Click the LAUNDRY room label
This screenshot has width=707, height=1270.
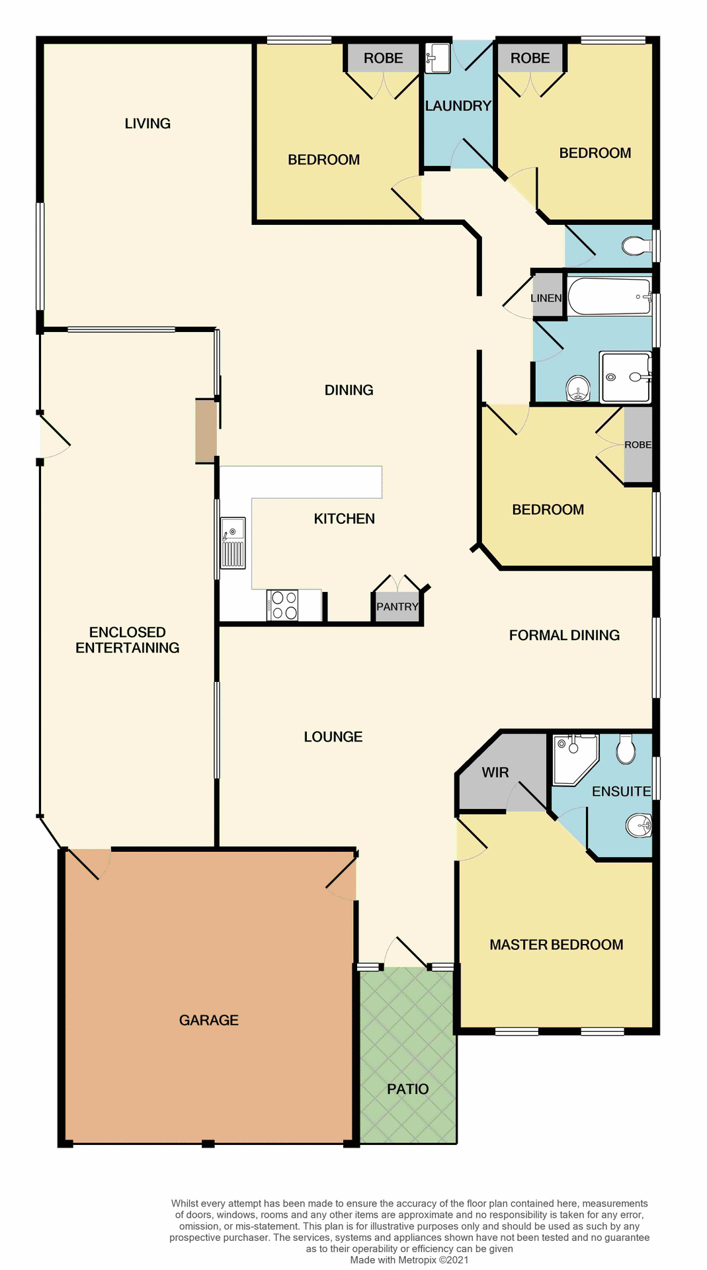click(x=458, y=106)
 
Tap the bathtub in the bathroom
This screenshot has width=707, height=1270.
click(x=609, y=297)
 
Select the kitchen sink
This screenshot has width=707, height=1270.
click(x=233, y=542)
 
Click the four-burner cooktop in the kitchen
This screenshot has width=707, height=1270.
click(x=283, y=605)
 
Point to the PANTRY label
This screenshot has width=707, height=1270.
click(x=397, y=607)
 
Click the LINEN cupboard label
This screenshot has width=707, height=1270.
click(x=546, y=298)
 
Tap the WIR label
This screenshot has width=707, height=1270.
click(x=495, y=773)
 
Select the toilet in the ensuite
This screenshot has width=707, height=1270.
click(x=626, y=750)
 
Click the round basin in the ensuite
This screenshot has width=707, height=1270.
click(x=639, y=825)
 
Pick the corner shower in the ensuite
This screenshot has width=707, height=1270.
click(x=573, y=757)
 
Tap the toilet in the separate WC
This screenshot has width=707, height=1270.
click(x=636, y=247)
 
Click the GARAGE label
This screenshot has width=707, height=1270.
click(x=209, y=1020)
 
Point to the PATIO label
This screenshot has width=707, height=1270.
click(x=407, y=1089)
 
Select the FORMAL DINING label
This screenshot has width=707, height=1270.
click(x=564, y=635)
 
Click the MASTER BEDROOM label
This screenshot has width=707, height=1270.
click(x=556, y=945)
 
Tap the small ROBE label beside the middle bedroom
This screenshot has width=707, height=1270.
click(x=638, y=444)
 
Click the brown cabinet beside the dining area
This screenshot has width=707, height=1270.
click(x=206, y=431)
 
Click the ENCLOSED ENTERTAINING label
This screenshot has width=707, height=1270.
click(x=128, y=640)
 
